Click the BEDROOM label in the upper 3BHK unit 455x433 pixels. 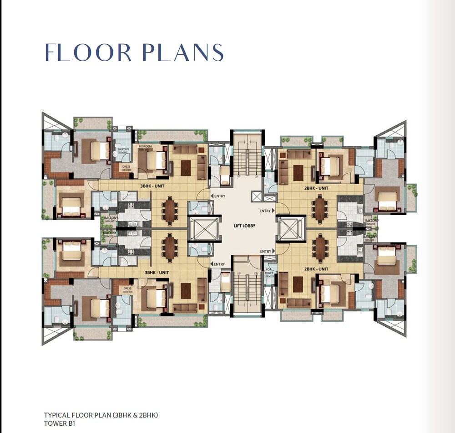pos(145,147)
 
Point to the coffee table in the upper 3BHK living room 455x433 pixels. pos(186,168)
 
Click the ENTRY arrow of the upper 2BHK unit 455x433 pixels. pos(273,211)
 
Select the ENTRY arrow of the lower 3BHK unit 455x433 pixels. pos(212,264)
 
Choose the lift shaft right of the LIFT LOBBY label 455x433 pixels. pos(289,229)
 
